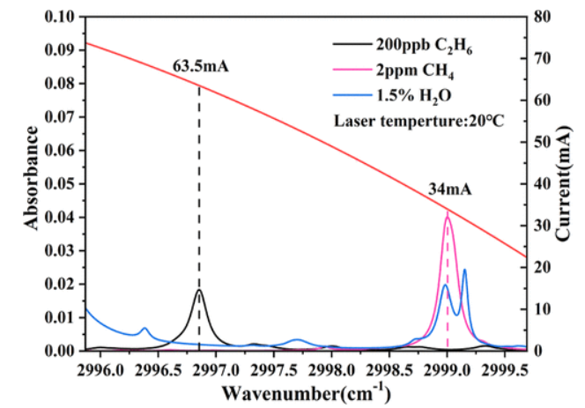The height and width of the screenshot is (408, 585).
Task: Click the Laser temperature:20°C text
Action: (418, 119)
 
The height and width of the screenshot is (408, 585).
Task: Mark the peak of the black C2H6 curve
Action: (199, 290)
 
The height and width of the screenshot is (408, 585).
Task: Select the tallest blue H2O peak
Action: (464, 270)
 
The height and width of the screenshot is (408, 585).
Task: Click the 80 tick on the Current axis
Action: (544, 17)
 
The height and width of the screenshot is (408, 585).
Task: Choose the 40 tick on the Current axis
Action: (544, 184)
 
